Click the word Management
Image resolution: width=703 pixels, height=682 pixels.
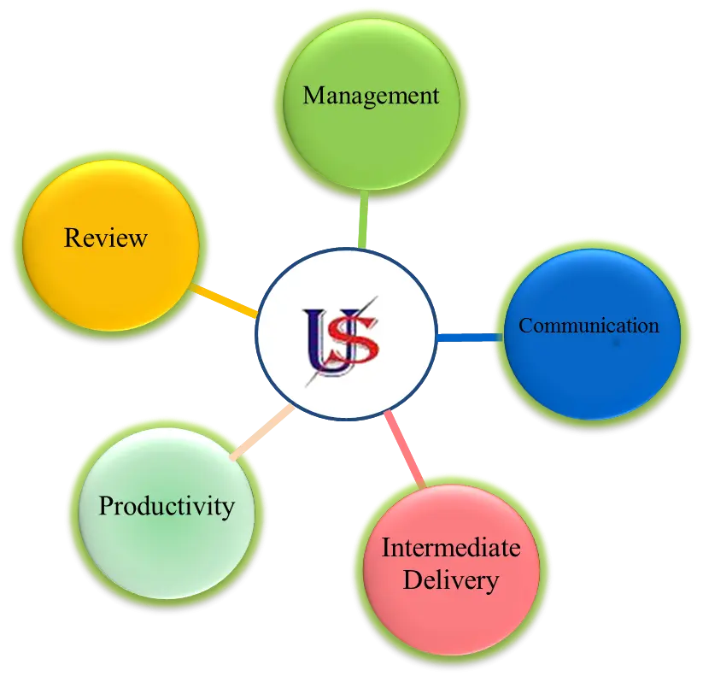click(x=371, y=96)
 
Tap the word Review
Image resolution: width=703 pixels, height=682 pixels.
click(x=106, y=238)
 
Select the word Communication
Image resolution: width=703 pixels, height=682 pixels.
click(x=589, y=326)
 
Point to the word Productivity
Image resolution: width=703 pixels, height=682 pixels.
click(x=167, y=507)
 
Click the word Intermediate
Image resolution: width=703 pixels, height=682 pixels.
click(x=451, y=547)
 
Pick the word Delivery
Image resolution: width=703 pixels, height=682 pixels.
click(x=450, y=580)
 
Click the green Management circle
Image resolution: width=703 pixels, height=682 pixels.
click(x=372, y=104)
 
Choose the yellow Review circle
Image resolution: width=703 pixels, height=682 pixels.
click(x=111, y=246)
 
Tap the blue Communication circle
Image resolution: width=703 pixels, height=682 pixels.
click(x=592, y=334)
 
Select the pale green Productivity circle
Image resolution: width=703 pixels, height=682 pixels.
click(x=167, y=513)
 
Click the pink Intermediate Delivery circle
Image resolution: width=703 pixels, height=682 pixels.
click(x=452, y=570)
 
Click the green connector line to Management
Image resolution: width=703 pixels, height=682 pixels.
click(x=364, y=220)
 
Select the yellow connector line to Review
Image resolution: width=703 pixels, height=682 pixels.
click(x=224, y=301)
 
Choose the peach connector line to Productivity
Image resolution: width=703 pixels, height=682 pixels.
click(x=262, y=432)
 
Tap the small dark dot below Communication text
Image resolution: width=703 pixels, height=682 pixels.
click(x=617, y=344)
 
